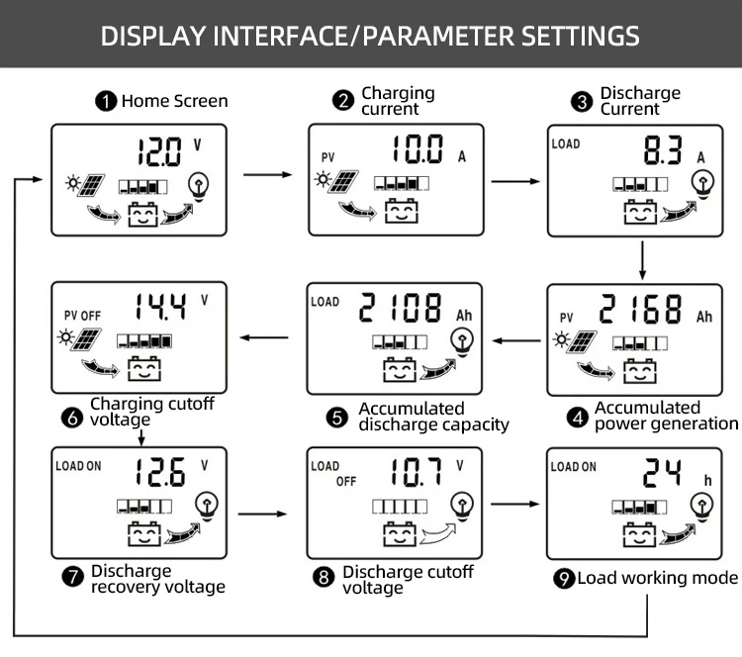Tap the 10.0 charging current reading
click(417, 150)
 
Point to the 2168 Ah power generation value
click(641, 310)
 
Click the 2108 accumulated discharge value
click(401, 309)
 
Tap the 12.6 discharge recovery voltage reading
click(161, 472)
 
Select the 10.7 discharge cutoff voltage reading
click(414, 472)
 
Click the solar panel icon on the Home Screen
click(93, 185)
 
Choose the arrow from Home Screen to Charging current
click(268, 175)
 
